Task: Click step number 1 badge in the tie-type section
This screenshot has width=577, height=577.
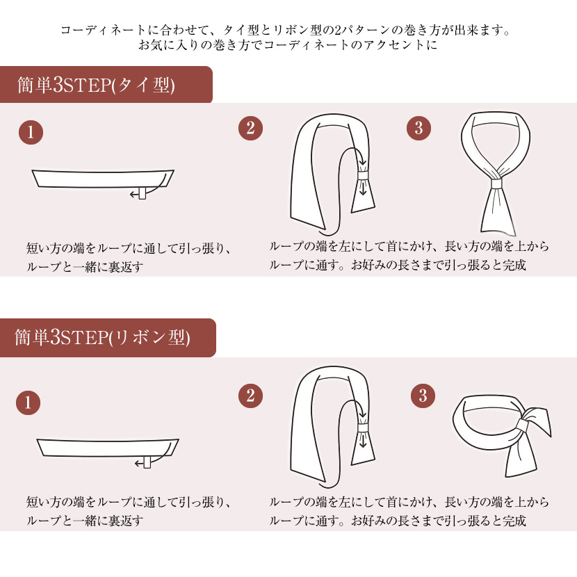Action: [x=31, y=132]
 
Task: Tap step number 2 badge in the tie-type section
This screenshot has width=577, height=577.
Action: [x=250, y=128]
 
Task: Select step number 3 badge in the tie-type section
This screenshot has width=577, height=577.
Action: [x=418, y=128]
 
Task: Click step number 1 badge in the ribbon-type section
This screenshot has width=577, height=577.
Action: [x=28, y=403]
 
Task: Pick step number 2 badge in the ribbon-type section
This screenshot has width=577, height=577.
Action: [x=250, y=396]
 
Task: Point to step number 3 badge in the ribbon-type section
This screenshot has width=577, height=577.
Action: [x=423, y=396]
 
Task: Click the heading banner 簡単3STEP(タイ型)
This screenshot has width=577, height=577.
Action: [x=104, y=85]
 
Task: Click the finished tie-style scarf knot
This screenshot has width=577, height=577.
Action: [x=495, y=184]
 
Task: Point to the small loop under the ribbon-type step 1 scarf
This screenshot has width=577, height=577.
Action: [x=147, y=463]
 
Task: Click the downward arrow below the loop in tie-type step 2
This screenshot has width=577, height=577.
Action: [x=362, y=190]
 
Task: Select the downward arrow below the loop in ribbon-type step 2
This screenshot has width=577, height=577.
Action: [x=362, y=441]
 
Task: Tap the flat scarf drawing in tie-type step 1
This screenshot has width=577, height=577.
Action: [x=103, y=178]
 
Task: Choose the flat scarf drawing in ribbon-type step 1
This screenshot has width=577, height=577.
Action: [x=108, y=447]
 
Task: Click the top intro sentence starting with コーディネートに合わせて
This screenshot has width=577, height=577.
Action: [x=288, y=31]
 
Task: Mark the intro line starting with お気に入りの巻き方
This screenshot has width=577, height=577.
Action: [x=288, y=46]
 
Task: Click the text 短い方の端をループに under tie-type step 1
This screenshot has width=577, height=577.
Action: [x=128, y=249]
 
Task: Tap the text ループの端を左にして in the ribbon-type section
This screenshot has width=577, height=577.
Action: [x=409, y=502]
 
